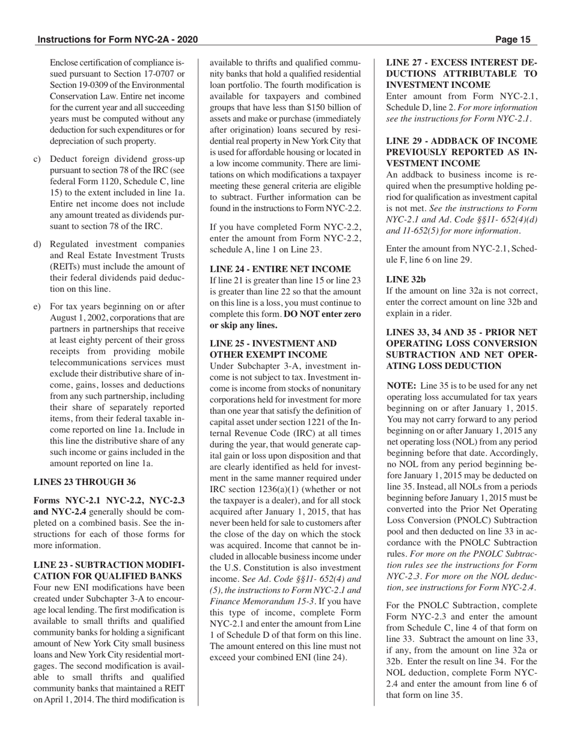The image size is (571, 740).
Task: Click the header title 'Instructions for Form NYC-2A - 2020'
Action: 117,40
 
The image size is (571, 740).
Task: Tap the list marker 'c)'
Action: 37,159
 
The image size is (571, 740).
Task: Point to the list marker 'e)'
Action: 37,306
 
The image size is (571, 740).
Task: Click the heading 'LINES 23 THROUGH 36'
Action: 84,481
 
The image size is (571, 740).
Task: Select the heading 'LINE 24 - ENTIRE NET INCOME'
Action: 279,269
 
